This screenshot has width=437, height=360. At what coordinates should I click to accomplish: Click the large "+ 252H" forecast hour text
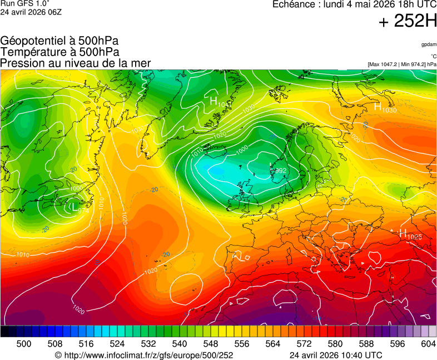tap(408, 22)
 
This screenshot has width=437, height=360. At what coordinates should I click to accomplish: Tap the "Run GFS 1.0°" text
tap(24, 3)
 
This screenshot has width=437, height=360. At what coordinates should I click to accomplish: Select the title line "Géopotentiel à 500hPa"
tap(59, 41)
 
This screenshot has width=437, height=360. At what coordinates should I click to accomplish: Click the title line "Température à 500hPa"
tap(59, 52)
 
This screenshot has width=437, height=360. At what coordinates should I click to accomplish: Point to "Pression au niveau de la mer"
tap(76, 63)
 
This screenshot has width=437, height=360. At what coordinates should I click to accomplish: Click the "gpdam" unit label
tap(429, 44)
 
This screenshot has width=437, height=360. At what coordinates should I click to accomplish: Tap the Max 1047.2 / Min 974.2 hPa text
tap(402, 64)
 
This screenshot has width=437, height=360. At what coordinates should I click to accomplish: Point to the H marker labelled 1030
tap(378, 106)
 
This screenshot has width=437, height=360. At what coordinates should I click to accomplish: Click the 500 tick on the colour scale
tap(24, 344)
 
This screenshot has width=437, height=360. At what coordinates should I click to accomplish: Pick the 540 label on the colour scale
tap(178, 344)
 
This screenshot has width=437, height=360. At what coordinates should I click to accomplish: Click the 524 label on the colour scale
tap(117, 344)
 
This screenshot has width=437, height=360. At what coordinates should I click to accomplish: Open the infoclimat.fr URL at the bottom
tap(143, 355)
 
